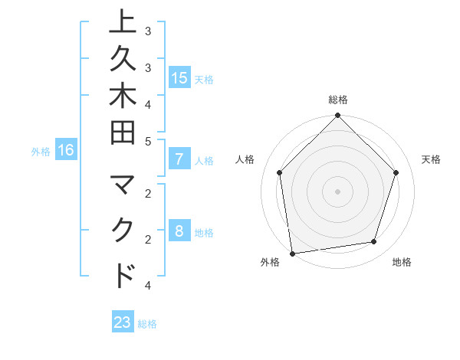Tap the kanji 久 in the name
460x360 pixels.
[x=123, y=59]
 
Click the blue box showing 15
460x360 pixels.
[x=179, y=78]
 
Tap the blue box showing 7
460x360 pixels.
[x=179, y=160]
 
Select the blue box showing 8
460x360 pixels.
[x=179, y=232]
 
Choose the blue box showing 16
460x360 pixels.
[x=66, y=151]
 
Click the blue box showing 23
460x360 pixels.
[x=123, y=322]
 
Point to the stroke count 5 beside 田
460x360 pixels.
[x=148, y=142]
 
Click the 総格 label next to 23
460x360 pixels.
[x=147, y=323]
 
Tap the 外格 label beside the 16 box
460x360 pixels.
[x=41, y=152]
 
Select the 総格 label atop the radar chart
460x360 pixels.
[x=338, y=100]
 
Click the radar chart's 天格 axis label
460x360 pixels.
[x=431, y=159]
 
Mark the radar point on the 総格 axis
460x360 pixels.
[x=337, y=116]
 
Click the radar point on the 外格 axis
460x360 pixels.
[x=292, y=253]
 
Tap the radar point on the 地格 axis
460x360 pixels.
[x=374, y=242]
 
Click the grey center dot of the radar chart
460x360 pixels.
[x=337, y=191]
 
